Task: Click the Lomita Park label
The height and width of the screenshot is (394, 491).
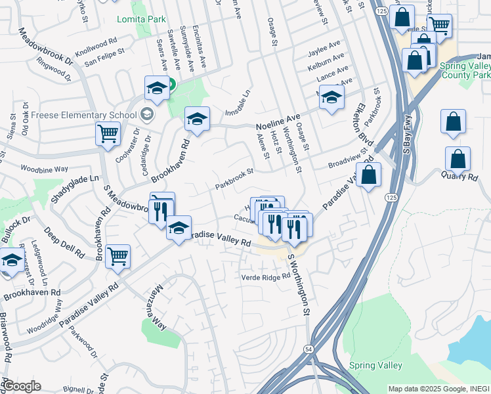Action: [141, 19]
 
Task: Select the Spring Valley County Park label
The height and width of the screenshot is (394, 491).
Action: [463, 71]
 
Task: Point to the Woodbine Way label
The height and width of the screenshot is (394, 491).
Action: [45, 169]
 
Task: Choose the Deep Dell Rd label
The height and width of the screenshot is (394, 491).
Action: [64, 242]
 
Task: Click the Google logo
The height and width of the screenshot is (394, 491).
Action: [21, 385]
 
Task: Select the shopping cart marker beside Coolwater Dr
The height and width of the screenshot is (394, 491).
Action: [108, 133]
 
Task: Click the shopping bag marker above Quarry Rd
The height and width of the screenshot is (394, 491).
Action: [453, 121]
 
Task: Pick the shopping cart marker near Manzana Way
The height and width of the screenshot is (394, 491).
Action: [118, 256]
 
